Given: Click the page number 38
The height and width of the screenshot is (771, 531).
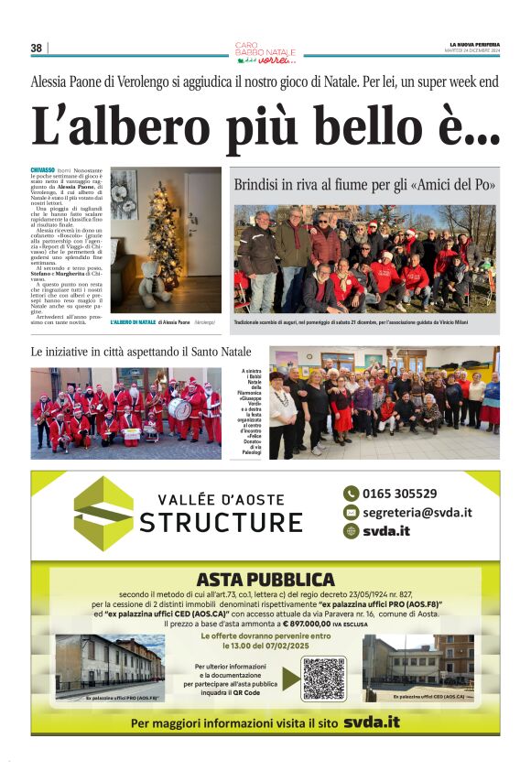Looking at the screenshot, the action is click(x=37, y=49).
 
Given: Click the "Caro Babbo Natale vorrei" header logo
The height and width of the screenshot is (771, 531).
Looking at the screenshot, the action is click(x=265, y=51).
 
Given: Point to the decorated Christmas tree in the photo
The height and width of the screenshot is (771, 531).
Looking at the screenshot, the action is click(x=165, y=235).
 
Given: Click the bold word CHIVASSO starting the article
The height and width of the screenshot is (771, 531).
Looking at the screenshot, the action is click(x=42, y=171).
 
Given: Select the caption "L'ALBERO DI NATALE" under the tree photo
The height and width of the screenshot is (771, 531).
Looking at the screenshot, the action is click(x=133, y=322).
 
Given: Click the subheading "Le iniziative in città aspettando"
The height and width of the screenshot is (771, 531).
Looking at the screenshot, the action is click(x=140, y=353).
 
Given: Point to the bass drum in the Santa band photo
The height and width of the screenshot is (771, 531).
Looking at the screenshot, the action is click(x=179, y=408).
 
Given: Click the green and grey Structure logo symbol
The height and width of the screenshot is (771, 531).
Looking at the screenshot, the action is click(x=103, y=513).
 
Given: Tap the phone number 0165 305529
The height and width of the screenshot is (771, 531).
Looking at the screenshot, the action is click(x=399, y=494).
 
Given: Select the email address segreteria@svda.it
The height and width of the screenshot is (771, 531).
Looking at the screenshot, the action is click(x=417, y=513).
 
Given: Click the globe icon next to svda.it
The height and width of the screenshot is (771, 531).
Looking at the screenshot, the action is click(x=351, y=531).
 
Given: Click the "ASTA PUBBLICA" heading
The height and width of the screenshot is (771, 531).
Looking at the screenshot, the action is click(x=265, y=579).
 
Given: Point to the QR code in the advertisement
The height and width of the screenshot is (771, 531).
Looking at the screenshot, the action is click(x=323, y=678).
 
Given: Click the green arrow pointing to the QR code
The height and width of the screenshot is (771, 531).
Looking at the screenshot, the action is click(x=290, y=678).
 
